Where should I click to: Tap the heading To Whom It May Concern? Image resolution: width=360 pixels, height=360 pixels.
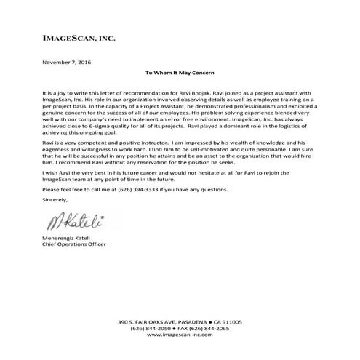coord(180,74)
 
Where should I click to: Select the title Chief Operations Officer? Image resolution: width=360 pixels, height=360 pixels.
coord(75,245)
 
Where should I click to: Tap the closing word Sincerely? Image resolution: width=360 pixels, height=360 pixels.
coord(57,198)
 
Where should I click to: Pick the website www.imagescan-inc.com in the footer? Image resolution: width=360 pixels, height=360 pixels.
coord(180,337)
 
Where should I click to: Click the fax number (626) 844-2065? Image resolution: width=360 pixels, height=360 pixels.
coord(212,329)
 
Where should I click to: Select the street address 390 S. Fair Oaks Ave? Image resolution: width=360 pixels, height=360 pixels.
coord(148,321)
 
